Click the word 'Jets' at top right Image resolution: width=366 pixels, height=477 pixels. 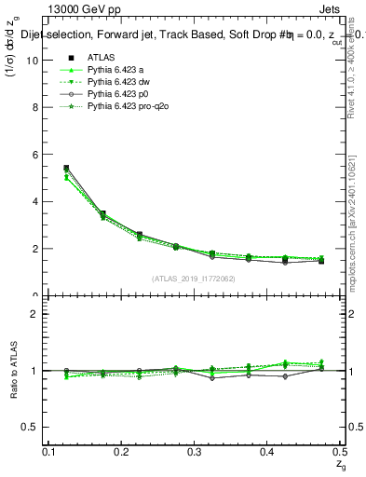[330, 10]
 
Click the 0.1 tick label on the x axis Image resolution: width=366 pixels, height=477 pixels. [48, 451]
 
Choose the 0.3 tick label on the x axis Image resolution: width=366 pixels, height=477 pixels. [195, 451]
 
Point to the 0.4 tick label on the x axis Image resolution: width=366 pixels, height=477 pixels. [268, 451]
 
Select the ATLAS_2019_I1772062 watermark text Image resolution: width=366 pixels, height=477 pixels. [193, 279]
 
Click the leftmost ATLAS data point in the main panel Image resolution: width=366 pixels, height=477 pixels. [66, 168]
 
